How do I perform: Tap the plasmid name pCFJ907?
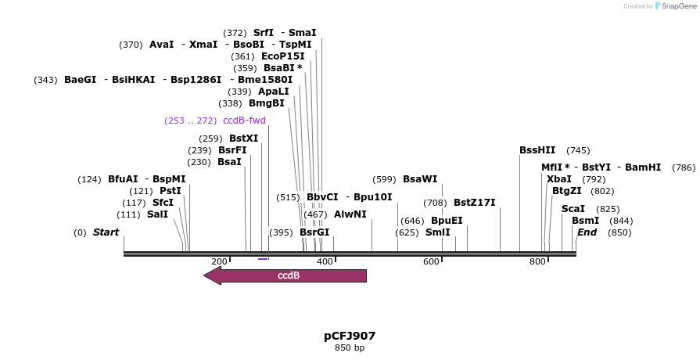350,336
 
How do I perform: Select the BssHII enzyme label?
537,150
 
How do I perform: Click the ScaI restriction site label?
573,209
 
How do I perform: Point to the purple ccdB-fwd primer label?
244,121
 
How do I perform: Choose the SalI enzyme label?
157,214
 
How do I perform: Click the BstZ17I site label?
474,203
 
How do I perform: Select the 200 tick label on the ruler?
219,261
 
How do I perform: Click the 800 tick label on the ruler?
537,261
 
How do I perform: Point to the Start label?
106,232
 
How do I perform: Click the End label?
587,232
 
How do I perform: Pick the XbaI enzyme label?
559,179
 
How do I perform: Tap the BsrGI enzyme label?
314,232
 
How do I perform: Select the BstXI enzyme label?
243,139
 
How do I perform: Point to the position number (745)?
578,150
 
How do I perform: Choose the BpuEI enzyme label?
447,221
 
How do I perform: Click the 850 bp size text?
350,347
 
